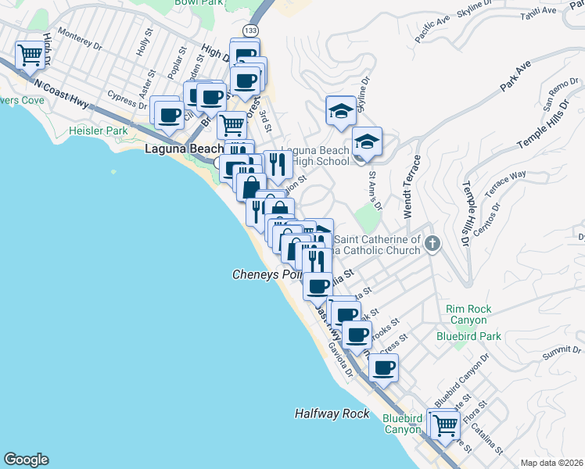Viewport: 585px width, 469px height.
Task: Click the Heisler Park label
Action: [x=98, y=131]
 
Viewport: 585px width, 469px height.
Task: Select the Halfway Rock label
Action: [x=332, y=414]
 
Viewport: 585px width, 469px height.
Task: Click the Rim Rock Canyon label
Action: [x=469, y=314]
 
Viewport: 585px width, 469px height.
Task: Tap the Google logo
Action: [x=26, y=460]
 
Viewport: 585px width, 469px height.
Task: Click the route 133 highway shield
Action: [x=249, y=30]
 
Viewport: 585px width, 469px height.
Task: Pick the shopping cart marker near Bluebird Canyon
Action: [x=444, y=426]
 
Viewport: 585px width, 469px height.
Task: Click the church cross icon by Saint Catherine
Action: [x=432, y=245]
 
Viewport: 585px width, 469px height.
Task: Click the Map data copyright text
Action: [x=551, y=462]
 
